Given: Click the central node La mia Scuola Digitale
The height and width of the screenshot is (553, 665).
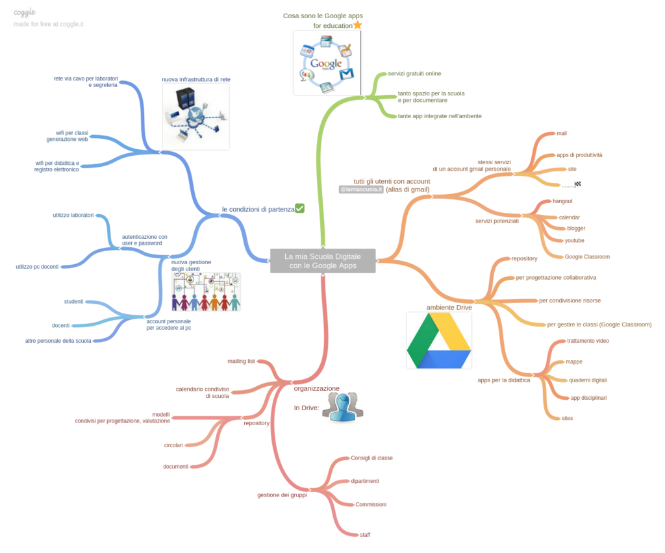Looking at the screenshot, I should (x=323, y=260).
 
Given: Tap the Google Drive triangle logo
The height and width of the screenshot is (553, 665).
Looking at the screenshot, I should (x=438, y=340).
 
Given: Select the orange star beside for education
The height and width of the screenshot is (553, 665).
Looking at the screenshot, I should (x=357, y=25).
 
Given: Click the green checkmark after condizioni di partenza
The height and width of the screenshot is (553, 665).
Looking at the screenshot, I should (x=299, y=208).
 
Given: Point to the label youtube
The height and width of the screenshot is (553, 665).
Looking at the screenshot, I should (x=574, y=240).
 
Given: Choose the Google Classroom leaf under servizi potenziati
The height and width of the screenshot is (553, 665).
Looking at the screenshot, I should (x=586, y=256).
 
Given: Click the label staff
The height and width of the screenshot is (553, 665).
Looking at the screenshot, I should (x=365, y=534).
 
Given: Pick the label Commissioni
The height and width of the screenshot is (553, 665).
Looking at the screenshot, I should (x=370, y=504).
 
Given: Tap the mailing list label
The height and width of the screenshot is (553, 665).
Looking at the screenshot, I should (x=241, y=361).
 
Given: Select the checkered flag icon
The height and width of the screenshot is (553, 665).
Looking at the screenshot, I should (x=578, y=184).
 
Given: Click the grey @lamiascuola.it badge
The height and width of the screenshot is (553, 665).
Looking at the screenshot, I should (x=361, y=190).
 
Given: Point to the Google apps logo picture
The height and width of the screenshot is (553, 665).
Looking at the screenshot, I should (x=326, y=62).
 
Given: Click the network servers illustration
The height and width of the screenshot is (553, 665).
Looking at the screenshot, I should (x=195, y=116).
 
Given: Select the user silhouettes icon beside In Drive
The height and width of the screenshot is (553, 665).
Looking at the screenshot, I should (x=342, y=408).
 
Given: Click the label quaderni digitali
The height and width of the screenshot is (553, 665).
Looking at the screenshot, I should (x=587, y=380).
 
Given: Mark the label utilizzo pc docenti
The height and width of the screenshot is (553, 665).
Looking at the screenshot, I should (x=37, y=267).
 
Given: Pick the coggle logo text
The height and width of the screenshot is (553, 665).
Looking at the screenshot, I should (x=25, y=12).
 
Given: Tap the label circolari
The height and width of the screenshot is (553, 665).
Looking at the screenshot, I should (x=173, y=445).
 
